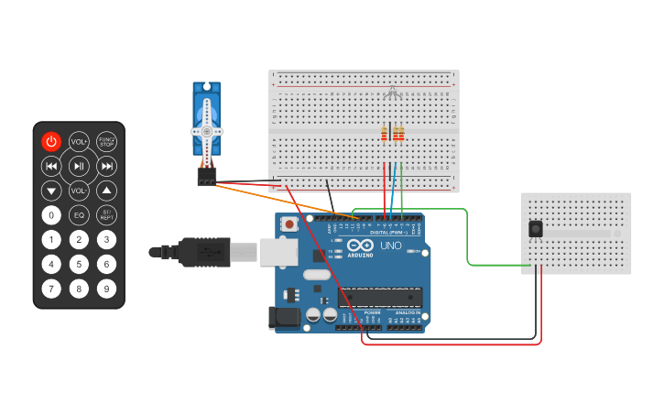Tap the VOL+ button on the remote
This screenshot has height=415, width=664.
(79, 141)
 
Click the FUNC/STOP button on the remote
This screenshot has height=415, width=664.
(107, 141)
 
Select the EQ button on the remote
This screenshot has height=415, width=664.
(79, 215)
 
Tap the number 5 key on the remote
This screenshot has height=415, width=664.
(79, 265)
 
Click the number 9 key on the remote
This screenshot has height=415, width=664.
(107, 289)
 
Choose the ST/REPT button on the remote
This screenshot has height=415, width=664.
(107, 215)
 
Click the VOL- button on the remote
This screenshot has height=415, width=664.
(79, 191)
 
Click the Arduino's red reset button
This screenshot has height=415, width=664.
(290, 224)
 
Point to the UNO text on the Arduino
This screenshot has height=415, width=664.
(391, 246)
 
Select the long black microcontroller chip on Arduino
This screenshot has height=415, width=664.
(380, 297)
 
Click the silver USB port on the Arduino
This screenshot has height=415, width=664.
(278, 252)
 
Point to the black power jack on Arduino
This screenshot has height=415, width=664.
(283, 318)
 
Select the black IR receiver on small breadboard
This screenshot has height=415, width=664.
(535, 229)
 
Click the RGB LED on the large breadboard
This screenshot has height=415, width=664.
(392, 92)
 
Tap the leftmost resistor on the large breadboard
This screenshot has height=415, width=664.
(385, 135)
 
